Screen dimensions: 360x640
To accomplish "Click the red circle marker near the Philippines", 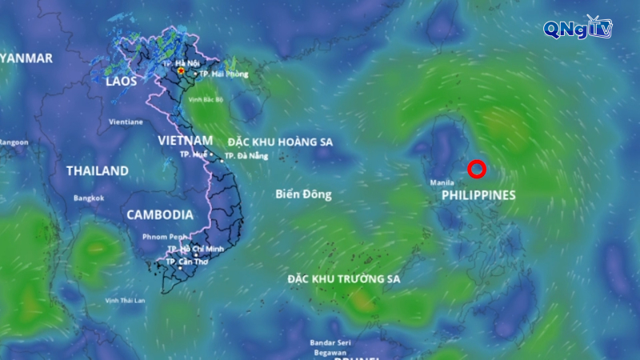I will (477, 169).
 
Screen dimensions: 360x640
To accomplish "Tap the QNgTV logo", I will (577, 29).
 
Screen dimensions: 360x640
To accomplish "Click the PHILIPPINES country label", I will (478, 195).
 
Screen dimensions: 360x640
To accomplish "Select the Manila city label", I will (442, 183).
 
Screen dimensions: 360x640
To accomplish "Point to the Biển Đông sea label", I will (303, 194).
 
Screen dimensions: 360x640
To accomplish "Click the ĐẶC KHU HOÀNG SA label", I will (280, 142).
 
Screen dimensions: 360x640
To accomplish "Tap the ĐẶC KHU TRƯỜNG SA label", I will (344, 278).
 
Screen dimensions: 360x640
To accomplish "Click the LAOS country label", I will (122, 81).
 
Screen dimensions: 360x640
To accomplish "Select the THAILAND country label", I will (97, 170).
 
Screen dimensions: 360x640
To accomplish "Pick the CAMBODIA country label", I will (159, 214).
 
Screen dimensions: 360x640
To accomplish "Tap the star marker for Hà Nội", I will (182, 71).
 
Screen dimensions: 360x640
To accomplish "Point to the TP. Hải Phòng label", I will (223, 74).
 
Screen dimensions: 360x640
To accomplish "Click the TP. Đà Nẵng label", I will (245, 156).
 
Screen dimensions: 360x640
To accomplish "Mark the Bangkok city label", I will (89, 198).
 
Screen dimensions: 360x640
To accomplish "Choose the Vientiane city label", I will (126, 122).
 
